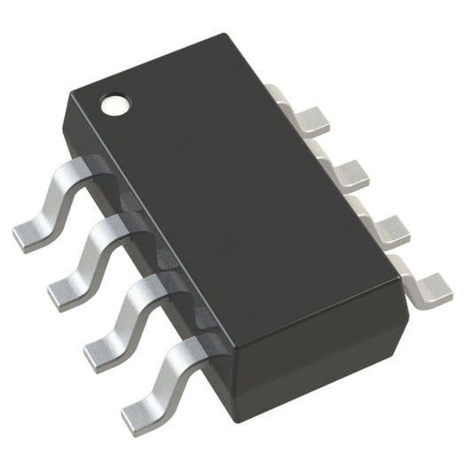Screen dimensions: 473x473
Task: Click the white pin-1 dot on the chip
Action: point(114,106)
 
